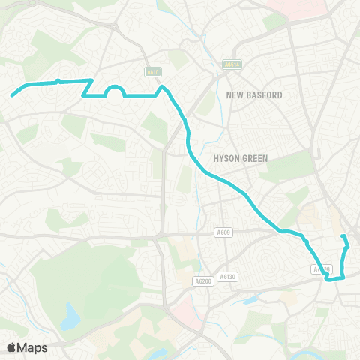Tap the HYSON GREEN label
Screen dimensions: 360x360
(235, 158)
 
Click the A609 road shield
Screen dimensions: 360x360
(223, 232)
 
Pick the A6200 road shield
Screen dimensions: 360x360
(202, 281)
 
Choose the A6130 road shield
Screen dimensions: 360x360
(228, 277)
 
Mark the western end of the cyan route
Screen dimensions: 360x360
(12, 94)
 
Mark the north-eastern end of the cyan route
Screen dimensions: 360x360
(343, 237)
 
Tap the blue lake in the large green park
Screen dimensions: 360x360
(70, 316)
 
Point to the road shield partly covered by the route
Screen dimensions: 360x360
(321, 268)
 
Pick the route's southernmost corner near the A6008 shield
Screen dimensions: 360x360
(328, 278)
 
